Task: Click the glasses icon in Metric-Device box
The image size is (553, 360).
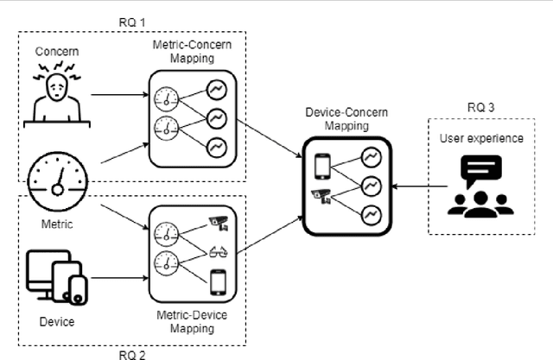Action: tap(219, 254)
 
